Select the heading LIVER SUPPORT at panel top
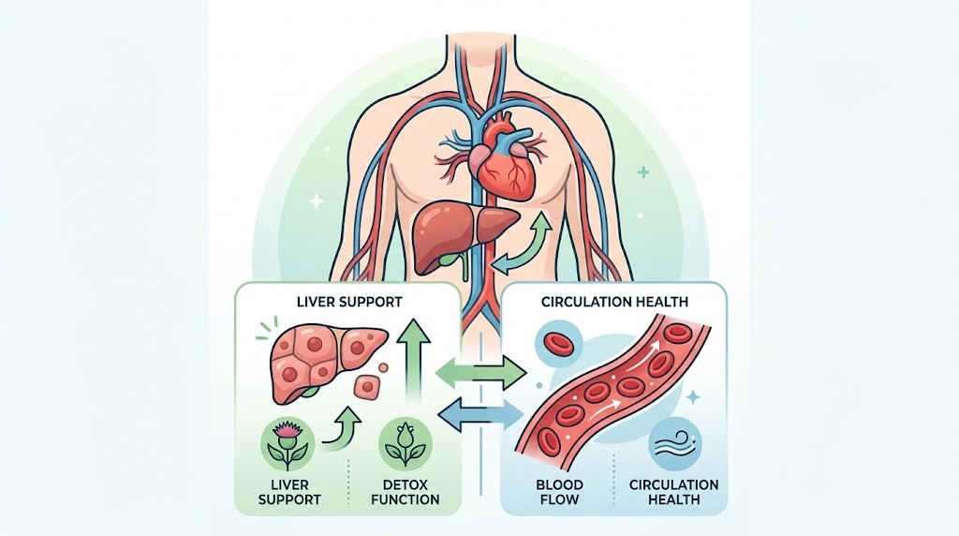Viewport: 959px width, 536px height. tap(349, 302)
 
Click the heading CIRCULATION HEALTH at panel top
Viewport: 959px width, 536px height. tap(614, 302)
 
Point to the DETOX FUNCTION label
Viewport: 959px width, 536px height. tap(405, 492)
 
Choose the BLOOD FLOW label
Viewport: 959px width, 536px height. tap(559, 492)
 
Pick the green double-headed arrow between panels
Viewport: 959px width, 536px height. tap(482, 373)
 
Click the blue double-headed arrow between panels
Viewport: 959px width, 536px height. tap(482, 413)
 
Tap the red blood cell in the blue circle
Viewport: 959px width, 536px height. tap(556, 343)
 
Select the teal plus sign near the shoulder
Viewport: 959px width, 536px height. tap(642, 172)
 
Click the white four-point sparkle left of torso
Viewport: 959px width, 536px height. tap(317, 201)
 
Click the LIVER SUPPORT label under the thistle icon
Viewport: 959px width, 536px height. tap(289, 492)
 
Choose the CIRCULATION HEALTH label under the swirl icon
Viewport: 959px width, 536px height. tap(674, 492)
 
